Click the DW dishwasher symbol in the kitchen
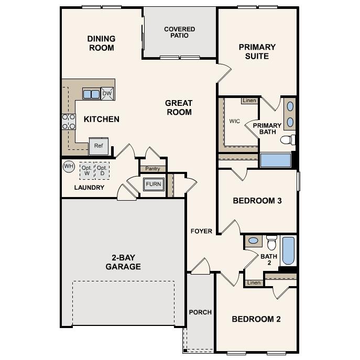pos(107,93)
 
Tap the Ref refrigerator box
pos(99,146)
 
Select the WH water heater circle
pos(69,167)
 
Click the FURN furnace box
pos(154,184)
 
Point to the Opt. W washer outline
pos(86,170)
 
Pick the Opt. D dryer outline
pos(102,170)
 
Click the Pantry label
pos(153,169)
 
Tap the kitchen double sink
pos(91,94)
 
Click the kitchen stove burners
pos(68,122)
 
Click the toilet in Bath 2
pos(271,243)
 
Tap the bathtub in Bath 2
pos(289,251)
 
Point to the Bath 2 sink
pos(254,241)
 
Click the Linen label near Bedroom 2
pos(254,283)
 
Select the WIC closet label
pos(235,121)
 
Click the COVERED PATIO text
pos(179,32)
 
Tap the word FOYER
pos(201,231)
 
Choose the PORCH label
pos(200,312)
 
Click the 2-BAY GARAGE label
pos(123,262)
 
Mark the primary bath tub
pos(276,160)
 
